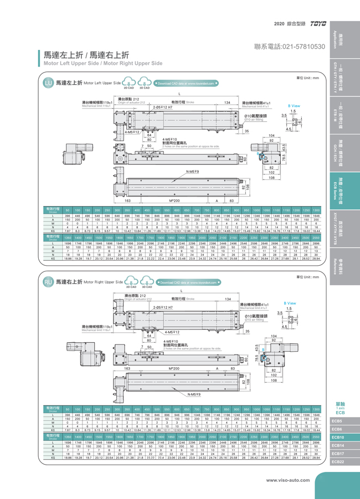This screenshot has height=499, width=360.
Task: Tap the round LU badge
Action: [x=48, y=83]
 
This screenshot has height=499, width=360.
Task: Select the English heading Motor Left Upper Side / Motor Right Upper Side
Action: [x=103, y=63]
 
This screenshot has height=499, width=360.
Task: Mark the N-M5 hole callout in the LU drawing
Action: [x=193, y=172]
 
